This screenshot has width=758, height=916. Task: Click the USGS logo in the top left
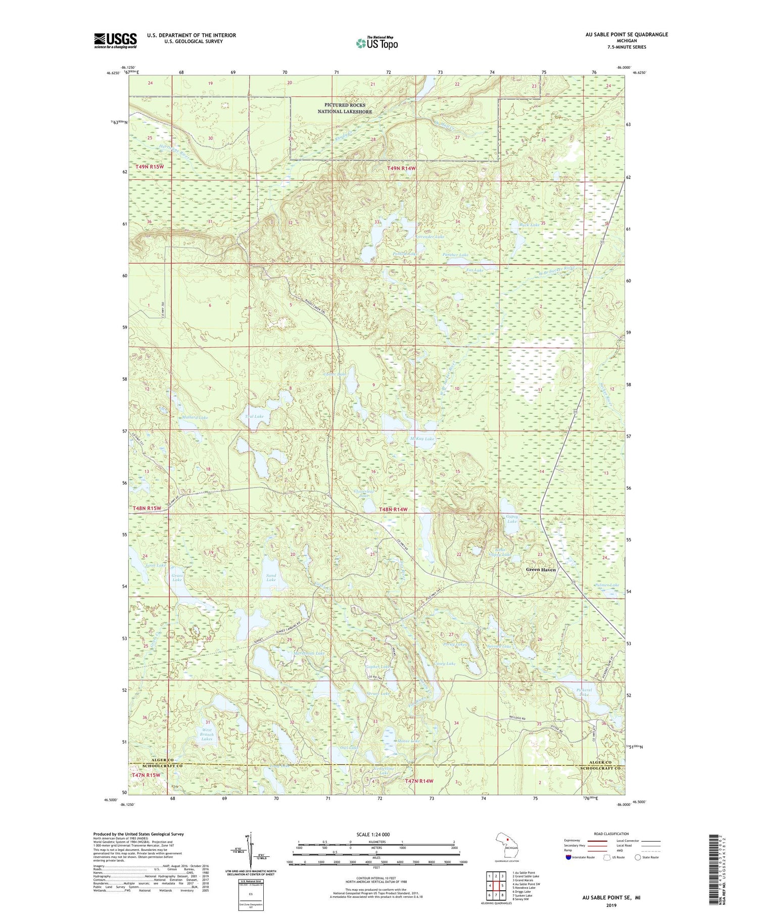tap(115, 40)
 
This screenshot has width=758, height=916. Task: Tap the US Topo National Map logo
tap(376, 43)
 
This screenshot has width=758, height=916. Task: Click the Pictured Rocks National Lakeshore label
tap(345, 108)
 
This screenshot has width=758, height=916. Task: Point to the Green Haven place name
tap(540, 569)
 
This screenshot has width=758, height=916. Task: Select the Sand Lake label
tap(271, 577)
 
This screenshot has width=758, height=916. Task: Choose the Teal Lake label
tap(254, 416)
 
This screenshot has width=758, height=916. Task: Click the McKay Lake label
tap(422, 439)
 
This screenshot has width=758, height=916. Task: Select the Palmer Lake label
tap(607, 585)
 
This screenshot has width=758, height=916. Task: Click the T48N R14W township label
tap(393, 510)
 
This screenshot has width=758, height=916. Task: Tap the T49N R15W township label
tap(150, 166)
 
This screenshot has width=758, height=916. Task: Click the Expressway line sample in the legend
tap(597, 841)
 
